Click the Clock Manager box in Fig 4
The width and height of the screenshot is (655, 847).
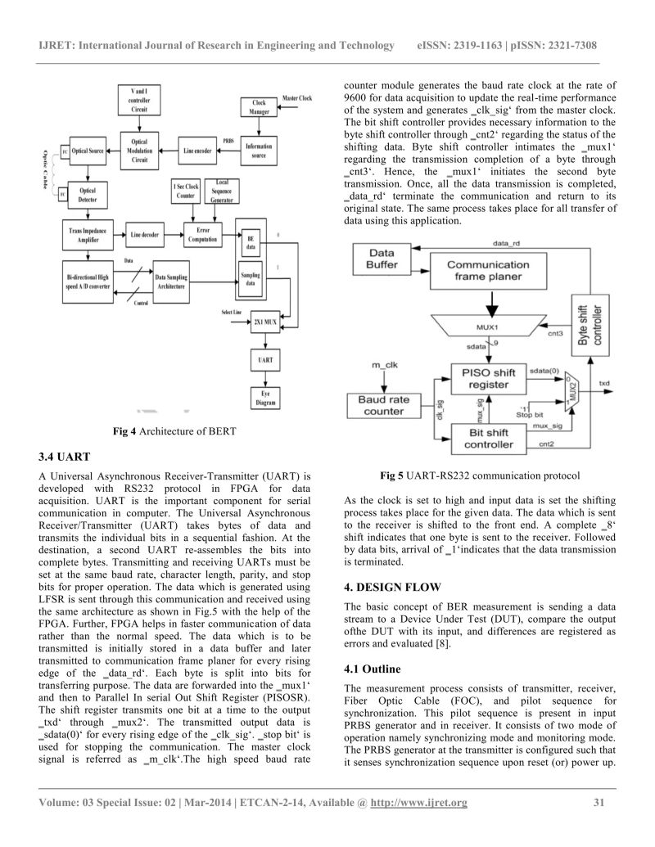click(260, 107)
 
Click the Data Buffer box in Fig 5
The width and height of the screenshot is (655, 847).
click(382, 259)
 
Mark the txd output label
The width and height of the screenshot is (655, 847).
click(604, 382)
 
